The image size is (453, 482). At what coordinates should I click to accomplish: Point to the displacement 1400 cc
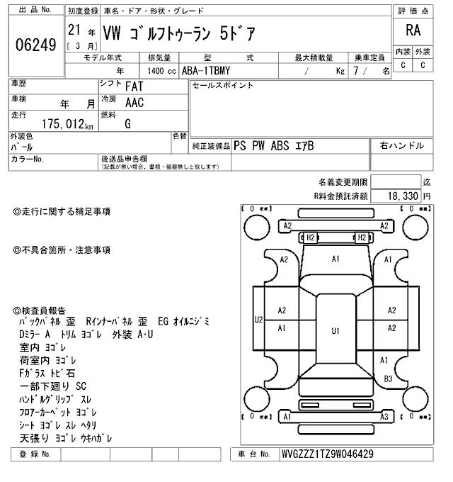(161, 70)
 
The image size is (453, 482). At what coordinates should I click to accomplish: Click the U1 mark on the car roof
(336, 330)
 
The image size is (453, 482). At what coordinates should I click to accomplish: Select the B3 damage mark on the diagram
(388, 379)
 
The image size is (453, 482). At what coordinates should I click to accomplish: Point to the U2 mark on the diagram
(258, 320)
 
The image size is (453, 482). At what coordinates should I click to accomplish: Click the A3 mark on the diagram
(385, 417)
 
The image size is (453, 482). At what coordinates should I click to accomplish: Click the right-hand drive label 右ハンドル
(401, 145)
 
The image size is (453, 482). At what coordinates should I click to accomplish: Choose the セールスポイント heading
(222, 86)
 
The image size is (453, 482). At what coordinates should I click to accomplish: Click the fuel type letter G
(128, 124)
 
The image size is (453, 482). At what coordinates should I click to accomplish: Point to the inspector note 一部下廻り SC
(52, 386)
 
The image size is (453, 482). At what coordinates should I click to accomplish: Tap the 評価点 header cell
(413, 11)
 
